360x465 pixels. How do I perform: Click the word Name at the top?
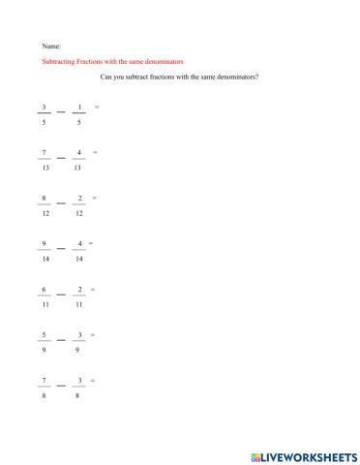point(51,46)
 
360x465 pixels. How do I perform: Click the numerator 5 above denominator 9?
point(45,335)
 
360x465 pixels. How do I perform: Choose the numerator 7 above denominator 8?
point(45,381)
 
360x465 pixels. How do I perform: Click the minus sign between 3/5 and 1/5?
point(62,112)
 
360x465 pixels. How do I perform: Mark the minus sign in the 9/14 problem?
point(62,250)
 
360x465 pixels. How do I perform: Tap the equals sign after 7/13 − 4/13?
point(94,152)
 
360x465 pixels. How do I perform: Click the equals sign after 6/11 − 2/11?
point(93,289)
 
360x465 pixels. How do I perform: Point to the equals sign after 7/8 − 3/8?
point(93,381)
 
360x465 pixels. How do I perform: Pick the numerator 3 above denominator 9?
point(79,335)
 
